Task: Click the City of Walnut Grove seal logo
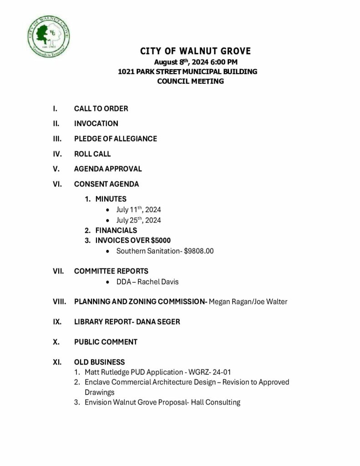pyautogui.click(x=49, y=35)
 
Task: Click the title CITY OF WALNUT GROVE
pyautogui.click(x=195, y=51)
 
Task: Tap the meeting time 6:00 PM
pyautogui.click(x=223, y=62)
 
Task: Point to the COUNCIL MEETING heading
pyautogui.click(x=190, y=81)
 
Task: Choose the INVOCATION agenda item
pyautogui.click(x=96, y=123)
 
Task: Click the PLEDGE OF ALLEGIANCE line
pyautogui.click(x=116, y=139)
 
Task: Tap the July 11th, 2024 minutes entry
pyautogui.click(x=138, y=210)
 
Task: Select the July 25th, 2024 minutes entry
pyautogui.click(x=138, y=220)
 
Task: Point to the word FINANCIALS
pyautogui.click(x=116, y=230)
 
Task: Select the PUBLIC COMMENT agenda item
pyautogui.click(x=106, y=342)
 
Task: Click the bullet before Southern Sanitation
pyautogui.click(x=106, y=251)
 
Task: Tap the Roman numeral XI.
pyautogui.click(x=57, y=362)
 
